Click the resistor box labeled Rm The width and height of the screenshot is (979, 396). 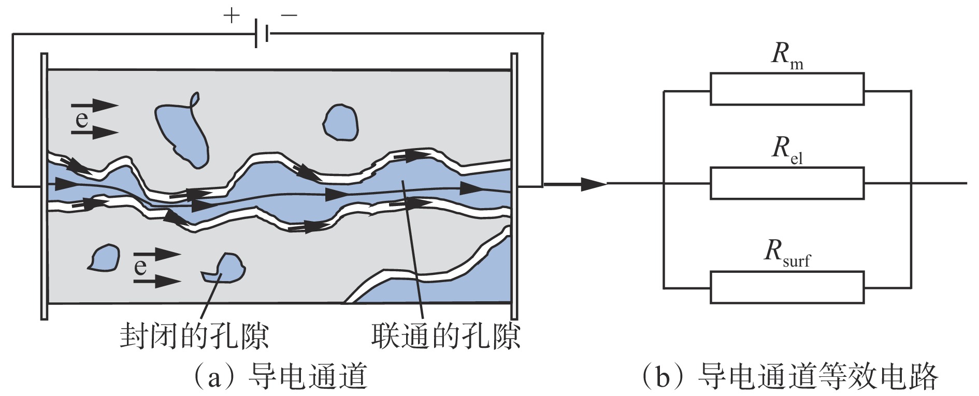[786, 89]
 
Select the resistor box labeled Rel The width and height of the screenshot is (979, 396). [786, 183]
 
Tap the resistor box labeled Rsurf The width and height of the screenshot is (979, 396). [786, 287]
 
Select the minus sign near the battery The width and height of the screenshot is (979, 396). [289, 16]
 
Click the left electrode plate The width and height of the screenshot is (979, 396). [44, 186]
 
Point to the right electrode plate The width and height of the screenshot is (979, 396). [514, 186]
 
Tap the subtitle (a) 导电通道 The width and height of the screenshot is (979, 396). [280, 377]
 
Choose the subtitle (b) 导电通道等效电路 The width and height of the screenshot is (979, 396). [790, 377]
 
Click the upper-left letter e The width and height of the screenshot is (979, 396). [82, 119]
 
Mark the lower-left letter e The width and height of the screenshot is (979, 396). [140, 267]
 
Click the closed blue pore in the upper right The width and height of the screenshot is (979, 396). [340, 122]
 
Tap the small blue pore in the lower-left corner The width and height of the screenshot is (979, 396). [105, 257]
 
